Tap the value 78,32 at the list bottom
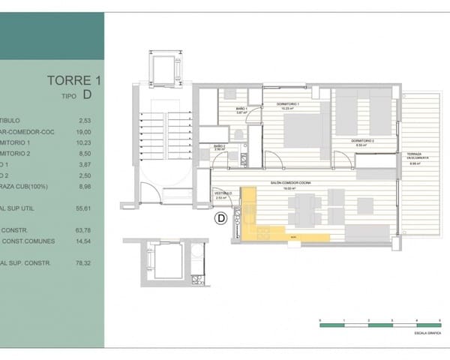(84, 263)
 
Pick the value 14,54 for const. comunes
(84, 241)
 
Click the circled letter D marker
(220, 219)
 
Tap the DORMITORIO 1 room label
(289, 103)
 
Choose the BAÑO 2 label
(219, 146)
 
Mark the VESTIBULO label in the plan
(223, 194)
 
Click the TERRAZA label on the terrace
(417, 157)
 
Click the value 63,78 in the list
(84, 229)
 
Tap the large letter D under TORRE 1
(88, 95)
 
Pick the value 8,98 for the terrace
(84, 187)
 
